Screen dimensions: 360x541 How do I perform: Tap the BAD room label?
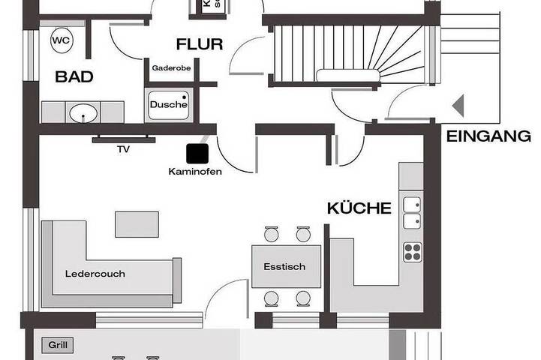pyautogui.click(x=69, y=76)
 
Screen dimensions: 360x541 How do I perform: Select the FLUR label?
pyautogui.click(x=200, y=44)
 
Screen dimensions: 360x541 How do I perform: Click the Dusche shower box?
pyautogui.click(x=169, y=104)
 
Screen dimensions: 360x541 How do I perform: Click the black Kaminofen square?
pyautogui.click(x=198, y=152)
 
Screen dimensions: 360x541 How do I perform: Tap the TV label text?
pyautogui.click(x=123, y=149)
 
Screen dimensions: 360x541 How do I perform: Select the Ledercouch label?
pyautogui.click(x=95, y=274)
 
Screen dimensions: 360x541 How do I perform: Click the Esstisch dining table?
pyautogui.click(x=286, y=266)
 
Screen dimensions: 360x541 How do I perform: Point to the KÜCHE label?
pyautogui.click(x=359, y=208)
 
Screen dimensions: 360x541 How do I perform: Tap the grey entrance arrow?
pyautogui.click(x=458, y=106)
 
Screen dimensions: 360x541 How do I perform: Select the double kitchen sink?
pyautogui.click(x=412, y=212)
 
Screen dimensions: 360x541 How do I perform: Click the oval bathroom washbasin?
pyautogui.click(x=83, y=113)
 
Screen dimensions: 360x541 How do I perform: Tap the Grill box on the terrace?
pyautogui.click(x=58, y=345)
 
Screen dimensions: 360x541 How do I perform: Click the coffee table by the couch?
pyautogui.click(x=131, y=223)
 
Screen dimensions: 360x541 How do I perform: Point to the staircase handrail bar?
pyautogui.click(x=347, y=75)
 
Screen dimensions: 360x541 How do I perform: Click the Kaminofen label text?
pyautogui.click(x=195, y=170)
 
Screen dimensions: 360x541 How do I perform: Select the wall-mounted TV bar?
pyautogui.click(x=124, y=139)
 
